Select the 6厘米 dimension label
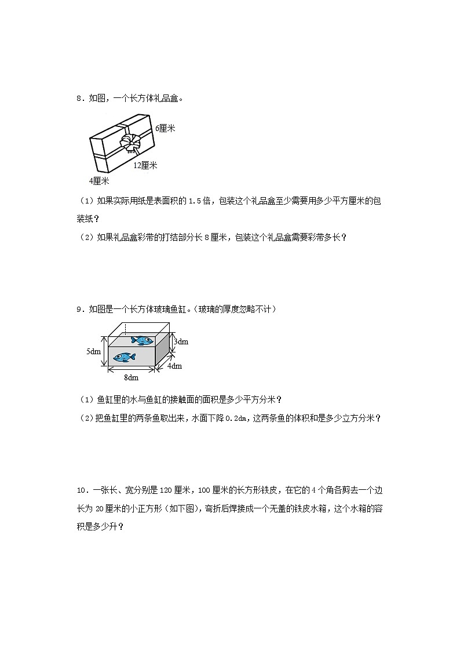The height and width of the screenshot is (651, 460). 165,128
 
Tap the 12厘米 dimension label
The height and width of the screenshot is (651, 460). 145,165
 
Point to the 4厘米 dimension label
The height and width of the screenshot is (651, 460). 99,181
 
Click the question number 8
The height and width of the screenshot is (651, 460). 79,99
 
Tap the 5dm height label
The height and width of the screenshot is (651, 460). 93,351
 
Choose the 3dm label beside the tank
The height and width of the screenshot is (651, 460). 181,341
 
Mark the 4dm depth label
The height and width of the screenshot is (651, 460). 174,366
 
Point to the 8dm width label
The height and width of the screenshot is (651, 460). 132,378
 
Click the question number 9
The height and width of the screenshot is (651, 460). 79,310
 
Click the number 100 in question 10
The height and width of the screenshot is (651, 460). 206,490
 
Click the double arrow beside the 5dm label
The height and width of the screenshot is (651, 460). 104,351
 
